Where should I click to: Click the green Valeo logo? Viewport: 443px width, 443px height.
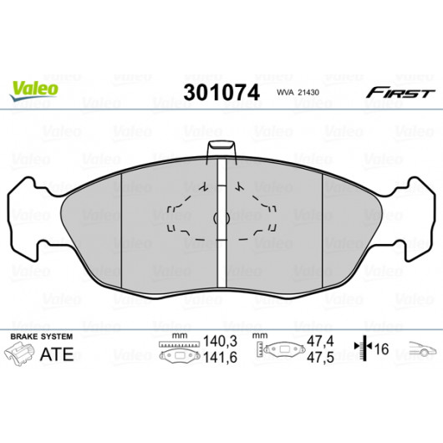pyautogui.click(x=34, y=90)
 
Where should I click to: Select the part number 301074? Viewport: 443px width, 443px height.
pyautogui.click(x=221, y=93)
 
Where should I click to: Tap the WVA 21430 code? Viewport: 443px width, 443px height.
pyautogui.click(x=298, y=93)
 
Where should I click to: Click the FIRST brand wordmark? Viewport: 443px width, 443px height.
pyautogui.click(x=400, y=93)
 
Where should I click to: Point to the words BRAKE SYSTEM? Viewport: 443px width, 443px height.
pyautogui.click(x=42, y=337)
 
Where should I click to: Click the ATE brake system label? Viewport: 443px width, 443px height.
pyautogui.click(x=57, y=354)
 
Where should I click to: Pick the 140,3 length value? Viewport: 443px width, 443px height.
pyautogui.click(x=220, y=342)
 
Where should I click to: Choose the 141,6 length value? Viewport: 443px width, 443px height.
pyautogui.click(x=220, y=358)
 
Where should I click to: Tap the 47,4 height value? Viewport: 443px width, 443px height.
pyautogui.click(x=320, y=341)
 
